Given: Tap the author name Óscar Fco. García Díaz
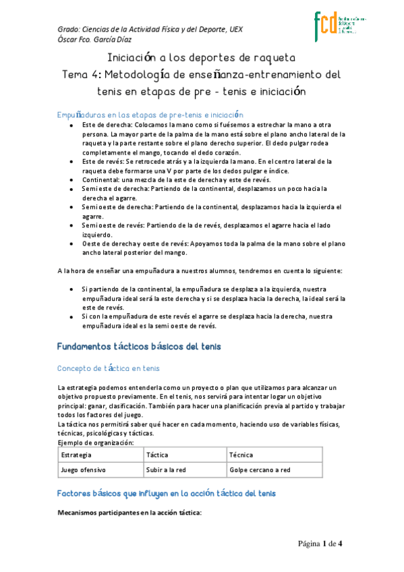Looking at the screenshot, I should pyautogui.click(x=98, y=40).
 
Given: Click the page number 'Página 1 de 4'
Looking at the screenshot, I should pyautogui.click(x=321, y=544).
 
